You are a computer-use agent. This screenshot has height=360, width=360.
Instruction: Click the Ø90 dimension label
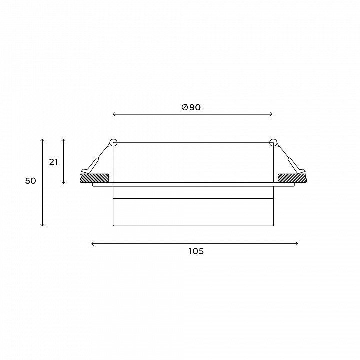coord(191,107)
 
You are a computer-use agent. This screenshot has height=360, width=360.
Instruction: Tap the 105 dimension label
coord(196,251)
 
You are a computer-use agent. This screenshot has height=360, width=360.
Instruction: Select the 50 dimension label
coord(31,181)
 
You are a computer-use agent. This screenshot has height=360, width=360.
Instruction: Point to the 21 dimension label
coord(53,162)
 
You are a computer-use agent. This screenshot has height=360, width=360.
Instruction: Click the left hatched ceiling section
coord(94,178)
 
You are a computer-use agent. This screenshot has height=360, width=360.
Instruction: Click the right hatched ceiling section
coord(292,178)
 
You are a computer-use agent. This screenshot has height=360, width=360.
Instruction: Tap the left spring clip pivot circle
coord(113,143)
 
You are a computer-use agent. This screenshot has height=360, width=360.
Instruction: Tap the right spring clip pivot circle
coord(273,143)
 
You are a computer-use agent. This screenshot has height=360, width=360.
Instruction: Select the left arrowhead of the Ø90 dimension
coord(114,114)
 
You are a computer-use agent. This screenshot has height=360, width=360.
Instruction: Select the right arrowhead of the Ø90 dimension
coord(271,114)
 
